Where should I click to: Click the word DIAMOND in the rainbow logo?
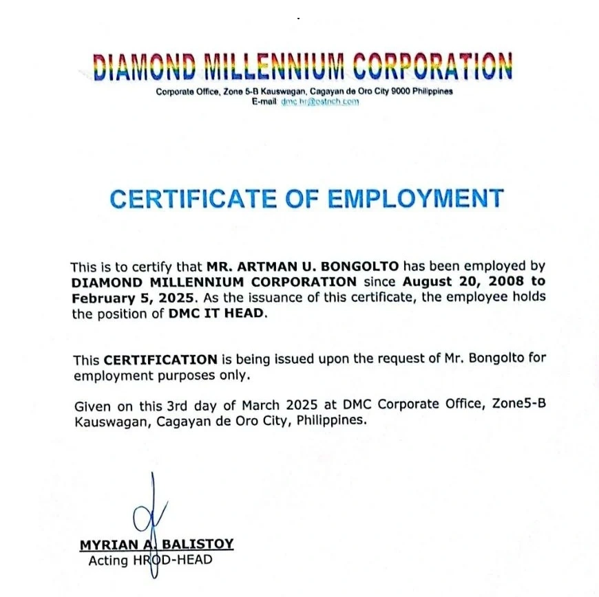[x=145, y=67]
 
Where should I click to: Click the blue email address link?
[x=320, y=102]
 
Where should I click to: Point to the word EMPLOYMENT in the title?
[x=415, y=199]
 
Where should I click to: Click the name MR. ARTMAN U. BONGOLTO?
[x=303, y=267]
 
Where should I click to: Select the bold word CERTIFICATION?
[x=160, y=360]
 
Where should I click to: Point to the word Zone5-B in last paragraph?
[x=519, y=404]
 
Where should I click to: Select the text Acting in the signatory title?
[x=108, y=561]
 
